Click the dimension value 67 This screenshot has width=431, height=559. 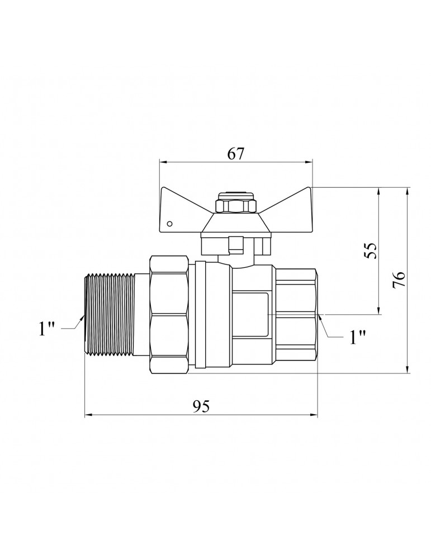tap(236, 154)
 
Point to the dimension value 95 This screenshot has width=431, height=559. tap(201, 406)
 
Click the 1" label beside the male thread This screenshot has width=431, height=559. tap(46, 329)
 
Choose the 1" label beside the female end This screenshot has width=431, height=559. tap(358, 337)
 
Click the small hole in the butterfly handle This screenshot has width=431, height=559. tap(170, 224)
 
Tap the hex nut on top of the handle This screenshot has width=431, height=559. tap(236, 206)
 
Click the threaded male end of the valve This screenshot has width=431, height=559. tap(111, 314)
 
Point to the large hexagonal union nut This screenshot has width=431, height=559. tap(169, 314)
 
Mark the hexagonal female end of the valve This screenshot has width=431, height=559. tap(296, 315)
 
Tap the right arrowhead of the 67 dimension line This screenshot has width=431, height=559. tap(309, 162)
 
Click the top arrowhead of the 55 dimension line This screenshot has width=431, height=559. tap(378, 191)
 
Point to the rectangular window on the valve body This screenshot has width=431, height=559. tap(249, 314)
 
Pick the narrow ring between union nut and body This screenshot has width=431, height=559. tap(201, 314)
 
